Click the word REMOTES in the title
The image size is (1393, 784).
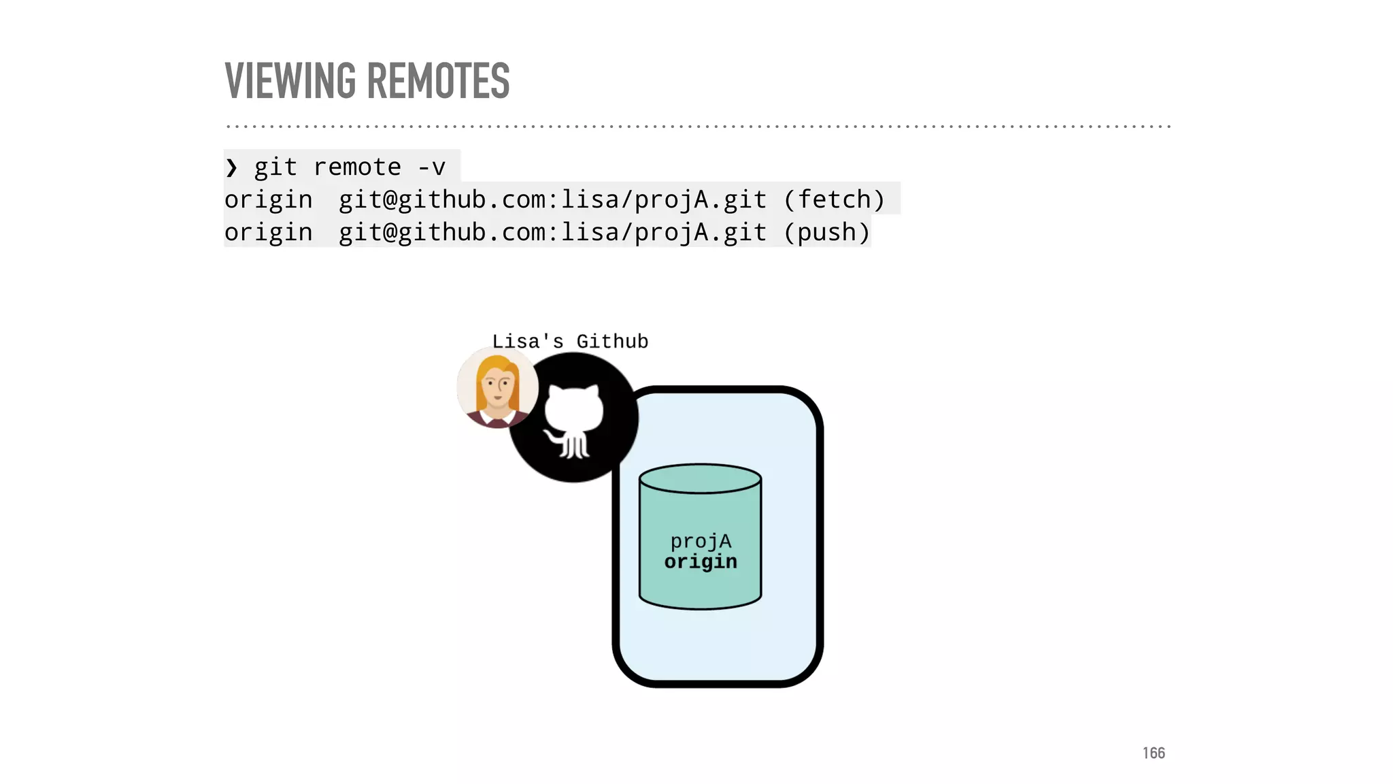[439, 81]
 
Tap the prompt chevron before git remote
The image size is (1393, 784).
[231, 167]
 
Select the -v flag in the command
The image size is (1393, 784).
[431, 167]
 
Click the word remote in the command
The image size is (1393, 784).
[357, 167]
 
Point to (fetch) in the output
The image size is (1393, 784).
[834, 200]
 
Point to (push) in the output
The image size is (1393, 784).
[826, 233]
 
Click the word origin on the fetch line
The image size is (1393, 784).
[269, 200]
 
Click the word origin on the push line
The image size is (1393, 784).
[269, 233]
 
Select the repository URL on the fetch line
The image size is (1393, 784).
[552, 200]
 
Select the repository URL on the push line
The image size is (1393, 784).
[552, 233]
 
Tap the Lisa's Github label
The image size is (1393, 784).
[570, 341]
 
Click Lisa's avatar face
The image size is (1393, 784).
[497, 386]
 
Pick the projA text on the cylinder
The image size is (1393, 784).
[701, 541]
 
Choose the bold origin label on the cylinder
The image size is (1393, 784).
[701, 561]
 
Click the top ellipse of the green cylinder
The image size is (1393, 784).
[700, 478]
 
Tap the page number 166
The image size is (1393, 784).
[1154, 753]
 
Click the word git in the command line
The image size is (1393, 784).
[275, 167]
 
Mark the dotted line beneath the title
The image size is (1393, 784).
[698, 127]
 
